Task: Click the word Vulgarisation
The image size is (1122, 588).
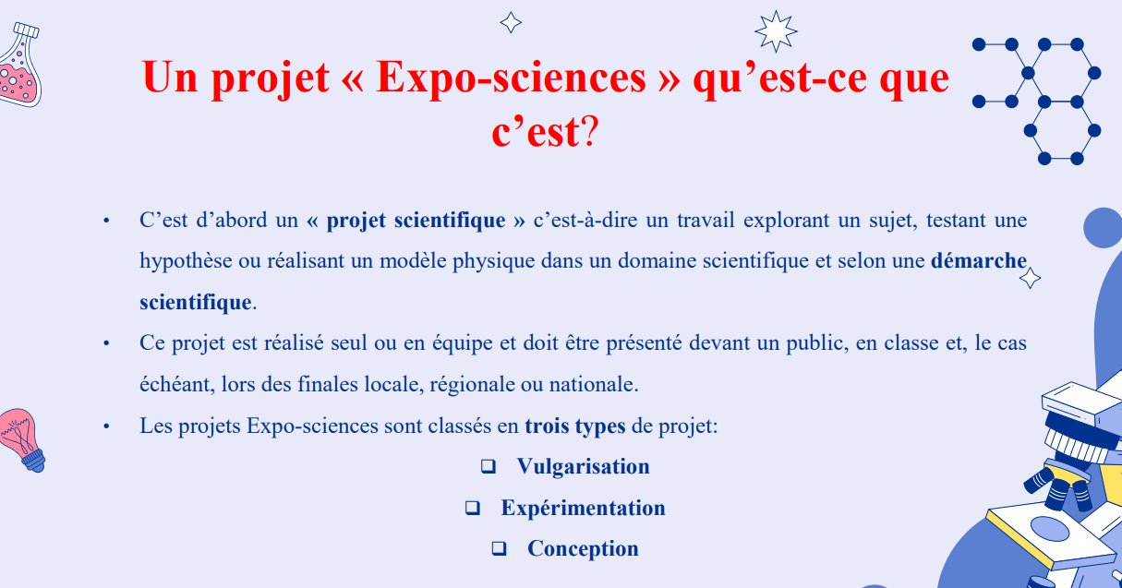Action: tap(583, 467)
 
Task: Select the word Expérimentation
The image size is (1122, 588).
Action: tap(583, 509)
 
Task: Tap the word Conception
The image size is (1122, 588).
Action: tap(583, 549)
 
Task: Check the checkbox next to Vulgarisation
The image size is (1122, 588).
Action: tap(488, 467)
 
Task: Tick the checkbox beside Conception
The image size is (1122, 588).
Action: tap(499, 549)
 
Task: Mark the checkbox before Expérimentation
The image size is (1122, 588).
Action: tap(473, 509)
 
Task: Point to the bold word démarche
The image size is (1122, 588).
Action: tap(978, 261)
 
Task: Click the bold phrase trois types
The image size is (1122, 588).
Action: tap(574, 426)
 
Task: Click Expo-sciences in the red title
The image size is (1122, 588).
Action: tap(511, 78)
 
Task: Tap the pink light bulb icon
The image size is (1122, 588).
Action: tap(22, 438)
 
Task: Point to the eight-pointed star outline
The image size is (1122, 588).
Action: tap(775, 31)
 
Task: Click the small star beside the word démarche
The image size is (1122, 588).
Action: tap(1030, 277)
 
